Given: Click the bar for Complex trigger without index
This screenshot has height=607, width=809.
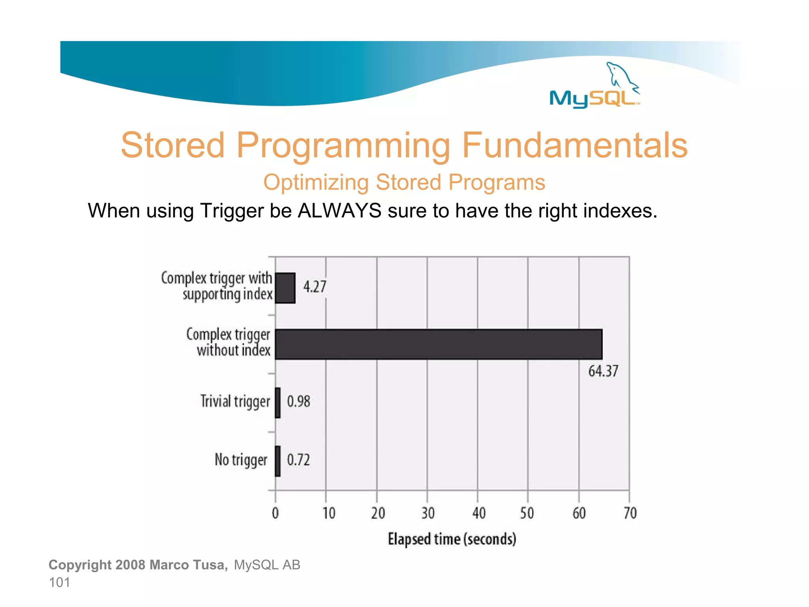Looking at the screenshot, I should coord(438,344).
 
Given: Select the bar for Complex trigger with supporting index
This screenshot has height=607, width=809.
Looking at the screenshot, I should coord(285,288).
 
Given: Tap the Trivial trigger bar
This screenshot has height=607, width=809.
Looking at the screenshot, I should coord(278,403).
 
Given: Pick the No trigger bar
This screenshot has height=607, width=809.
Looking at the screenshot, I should coord(278,461).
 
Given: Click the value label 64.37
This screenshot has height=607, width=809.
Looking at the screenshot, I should coord(603,371).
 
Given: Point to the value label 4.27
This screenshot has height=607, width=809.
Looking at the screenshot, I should coord(314,287).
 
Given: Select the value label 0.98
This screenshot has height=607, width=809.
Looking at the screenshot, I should coord(298,402).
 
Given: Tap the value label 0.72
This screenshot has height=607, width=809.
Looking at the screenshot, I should coord(298,460).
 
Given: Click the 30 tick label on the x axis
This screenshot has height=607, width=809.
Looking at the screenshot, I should coord(427,513).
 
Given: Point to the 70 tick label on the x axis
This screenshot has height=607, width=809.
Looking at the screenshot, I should coord(630,513).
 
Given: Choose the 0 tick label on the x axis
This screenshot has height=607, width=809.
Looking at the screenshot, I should coord(275,513).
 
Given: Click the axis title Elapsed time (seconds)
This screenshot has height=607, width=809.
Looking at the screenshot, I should coord(452,539).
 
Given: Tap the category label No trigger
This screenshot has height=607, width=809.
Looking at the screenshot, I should coord(241,460).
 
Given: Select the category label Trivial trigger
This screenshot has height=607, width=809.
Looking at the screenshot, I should coord(235,402).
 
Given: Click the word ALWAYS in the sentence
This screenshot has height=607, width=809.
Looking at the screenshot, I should coord(339,211).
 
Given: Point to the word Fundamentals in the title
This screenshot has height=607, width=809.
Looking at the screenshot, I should coord(575,145).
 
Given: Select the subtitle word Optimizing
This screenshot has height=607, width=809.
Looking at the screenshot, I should coord(316,183).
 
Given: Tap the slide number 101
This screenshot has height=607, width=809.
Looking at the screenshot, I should coord(59,582).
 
